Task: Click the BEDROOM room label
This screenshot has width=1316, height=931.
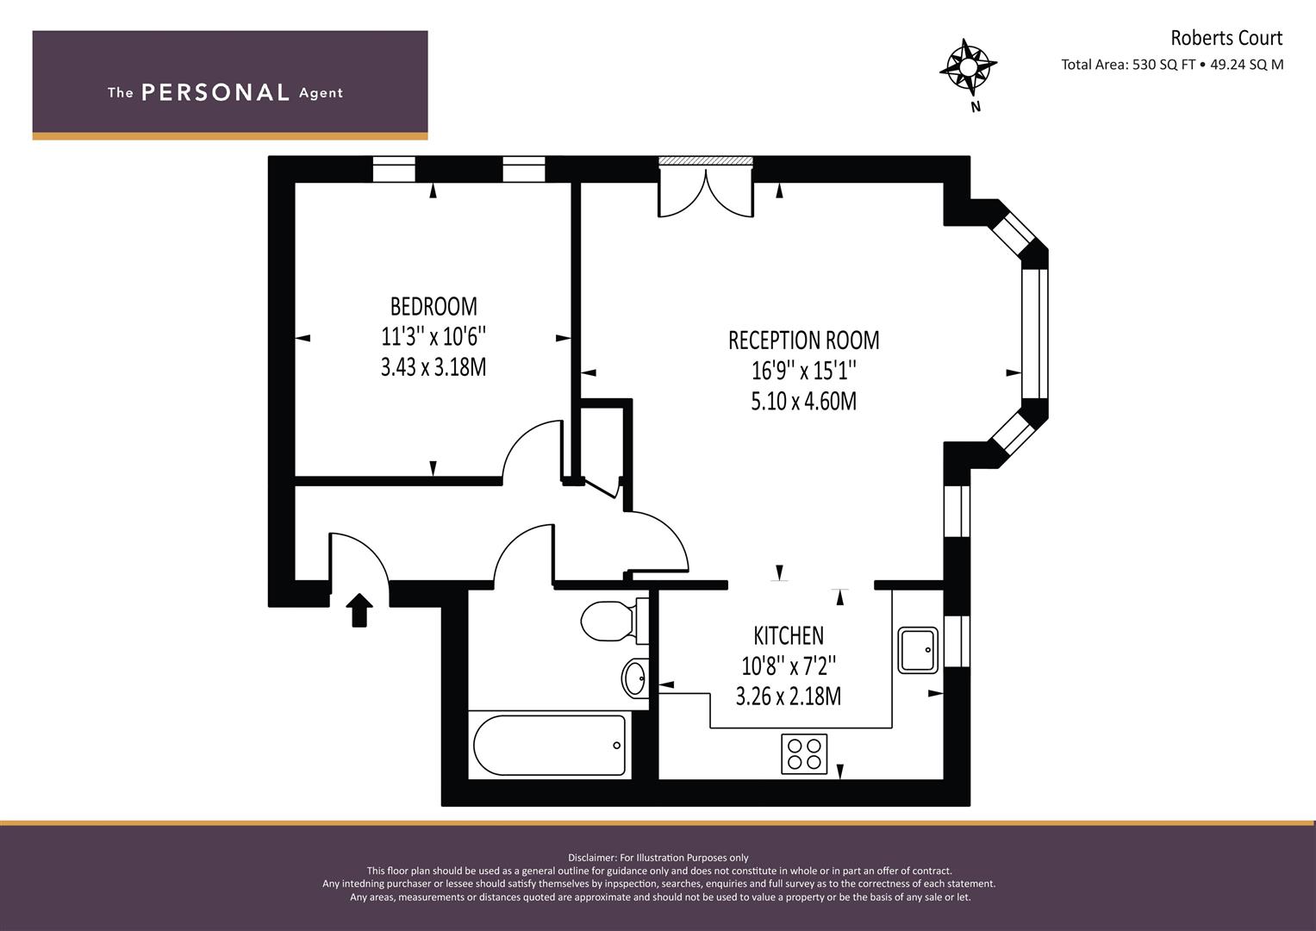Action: point(433,306)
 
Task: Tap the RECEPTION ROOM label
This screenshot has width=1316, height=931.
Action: point(804,341)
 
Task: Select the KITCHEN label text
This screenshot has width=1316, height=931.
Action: point(789,635)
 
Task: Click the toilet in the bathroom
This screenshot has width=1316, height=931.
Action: point(614,621)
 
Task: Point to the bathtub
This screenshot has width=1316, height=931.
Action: point(549,746)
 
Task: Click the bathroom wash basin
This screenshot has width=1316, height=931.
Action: point(635,678)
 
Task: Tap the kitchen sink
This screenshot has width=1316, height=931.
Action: point(918,650)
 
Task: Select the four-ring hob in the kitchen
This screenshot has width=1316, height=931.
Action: point(804,753)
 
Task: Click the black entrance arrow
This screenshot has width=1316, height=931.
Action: point(359,610)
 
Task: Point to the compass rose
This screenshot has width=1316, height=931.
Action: point(968,66)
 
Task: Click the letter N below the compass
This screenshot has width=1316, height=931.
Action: point(976,107)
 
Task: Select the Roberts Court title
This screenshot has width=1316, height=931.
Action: point(1226,38)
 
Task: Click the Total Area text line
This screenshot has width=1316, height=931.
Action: point(1172,65)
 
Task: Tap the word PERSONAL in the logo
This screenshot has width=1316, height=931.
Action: point(215,92)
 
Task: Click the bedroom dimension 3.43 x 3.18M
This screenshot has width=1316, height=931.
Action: point(433,367)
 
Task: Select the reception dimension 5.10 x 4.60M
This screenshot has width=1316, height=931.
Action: point(804,402)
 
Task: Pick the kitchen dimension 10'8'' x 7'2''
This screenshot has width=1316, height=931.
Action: point(789,665)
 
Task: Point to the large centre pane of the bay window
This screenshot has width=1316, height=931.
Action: point(1034,334)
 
